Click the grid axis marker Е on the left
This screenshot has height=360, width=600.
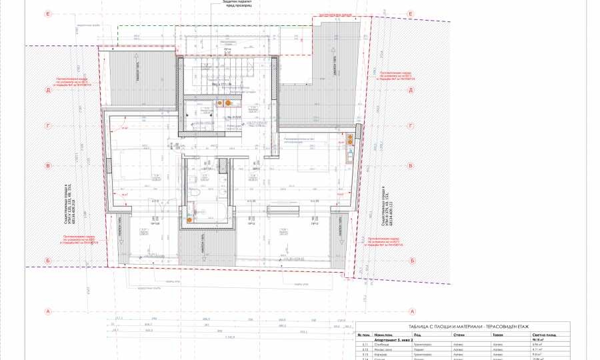[x=49, y=13]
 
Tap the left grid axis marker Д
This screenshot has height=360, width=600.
[x=49, y=89]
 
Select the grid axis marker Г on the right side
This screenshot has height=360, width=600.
[x=412, y=125]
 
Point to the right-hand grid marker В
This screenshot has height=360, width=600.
[x=412, y=165]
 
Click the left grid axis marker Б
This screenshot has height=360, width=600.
[x=49, y=261]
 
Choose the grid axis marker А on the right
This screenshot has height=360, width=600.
[x=412, y=311]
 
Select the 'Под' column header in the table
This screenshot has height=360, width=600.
[x=417, y=335]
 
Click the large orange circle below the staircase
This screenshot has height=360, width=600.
[x=229, y=103]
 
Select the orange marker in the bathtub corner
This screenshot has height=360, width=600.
[x=190, y=218]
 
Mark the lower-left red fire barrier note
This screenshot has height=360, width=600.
[x=80, y=240]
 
